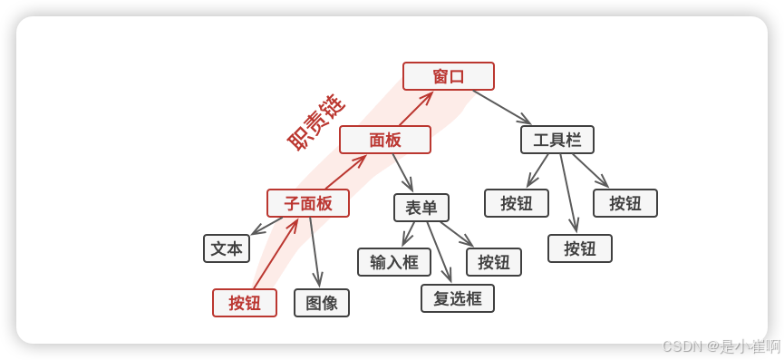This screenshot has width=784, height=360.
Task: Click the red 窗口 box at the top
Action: (449, 76)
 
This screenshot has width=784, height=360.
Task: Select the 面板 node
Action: (385, 140)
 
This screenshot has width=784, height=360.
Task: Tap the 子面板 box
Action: (308, 203)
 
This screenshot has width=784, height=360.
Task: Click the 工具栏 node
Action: (557, 140)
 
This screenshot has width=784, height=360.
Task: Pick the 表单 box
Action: (421, 208)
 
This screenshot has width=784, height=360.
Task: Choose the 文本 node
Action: (227, 248)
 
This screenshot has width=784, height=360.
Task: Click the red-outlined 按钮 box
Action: (245, 303)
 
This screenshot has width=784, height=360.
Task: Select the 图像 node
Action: (322, 303)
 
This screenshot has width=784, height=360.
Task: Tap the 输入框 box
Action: (394, 262)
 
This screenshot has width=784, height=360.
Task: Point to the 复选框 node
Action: (458, 298)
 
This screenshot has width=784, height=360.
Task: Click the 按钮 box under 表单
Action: (494, 262)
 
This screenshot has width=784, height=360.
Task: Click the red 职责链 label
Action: (315, 122)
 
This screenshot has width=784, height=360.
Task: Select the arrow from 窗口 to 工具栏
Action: (501, 107)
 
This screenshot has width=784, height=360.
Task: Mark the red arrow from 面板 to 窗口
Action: (415, 108)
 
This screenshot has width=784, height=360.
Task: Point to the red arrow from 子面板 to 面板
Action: (345, 171)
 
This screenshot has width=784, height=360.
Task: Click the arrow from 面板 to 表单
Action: (402, 172)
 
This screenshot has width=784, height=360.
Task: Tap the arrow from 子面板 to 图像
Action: (314, 252)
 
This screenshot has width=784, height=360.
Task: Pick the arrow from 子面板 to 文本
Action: (266, 225)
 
